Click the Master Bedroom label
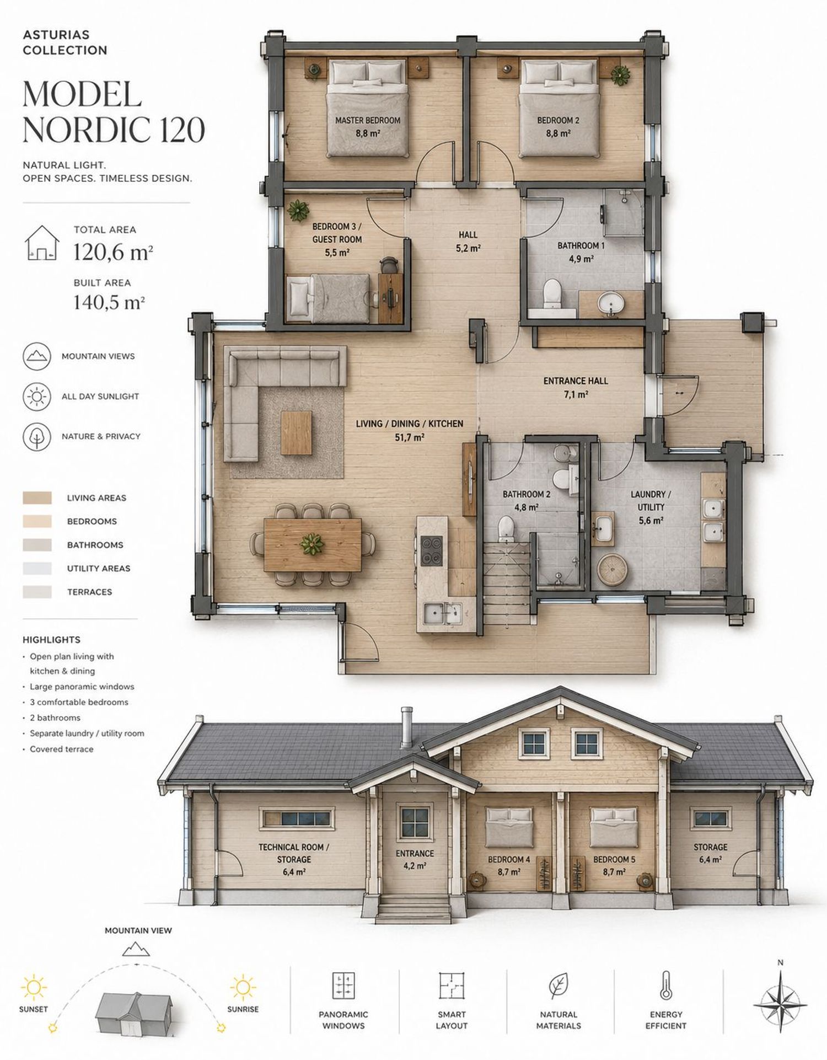[368, 120]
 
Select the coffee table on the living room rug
[296, 432]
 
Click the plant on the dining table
[312, 544]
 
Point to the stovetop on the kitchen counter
[431, 550]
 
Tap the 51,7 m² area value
[409, 438]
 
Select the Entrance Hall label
[576, 381]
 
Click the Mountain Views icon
[37, 356]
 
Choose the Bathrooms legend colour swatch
[37, 545]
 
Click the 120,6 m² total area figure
[113, 252]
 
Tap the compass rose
[780, 1004]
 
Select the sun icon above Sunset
[34, 987]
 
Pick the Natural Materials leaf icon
[559, 986]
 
